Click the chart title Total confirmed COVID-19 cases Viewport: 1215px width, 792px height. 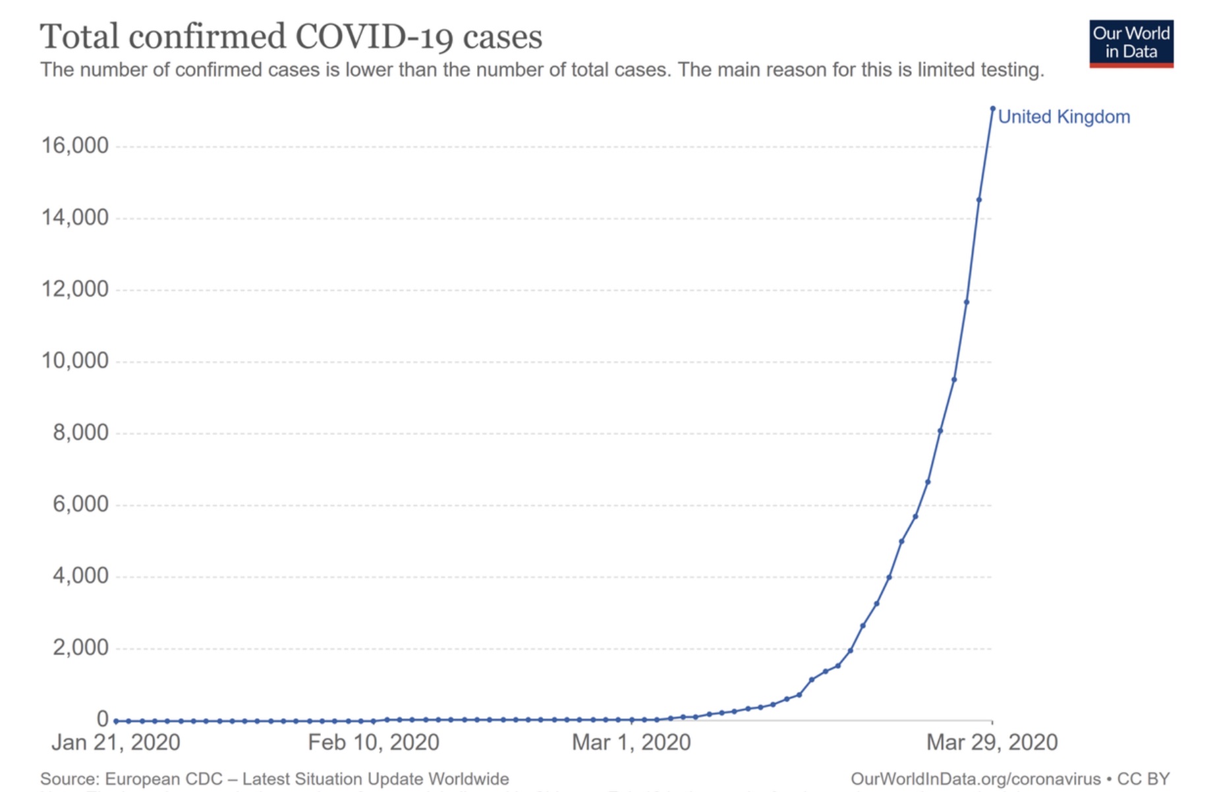point(291,36)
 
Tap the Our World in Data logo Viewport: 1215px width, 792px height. point(1131,43)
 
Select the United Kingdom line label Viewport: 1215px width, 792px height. point(1063,117)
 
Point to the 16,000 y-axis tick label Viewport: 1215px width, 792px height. point(75,146)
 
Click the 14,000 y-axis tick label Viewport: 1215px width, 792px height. point(75,217)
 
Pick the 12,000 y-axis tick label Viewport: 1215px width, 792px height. point(75,289)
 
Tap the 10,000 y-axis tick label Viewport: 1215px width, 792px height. point(75,361)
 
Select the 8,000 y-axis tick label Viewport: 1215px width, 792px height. point(81,433)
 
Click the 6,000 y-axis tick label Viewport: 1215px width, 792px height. point(81,505)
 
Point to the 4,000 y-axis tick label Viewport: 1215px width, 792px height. point(81,577)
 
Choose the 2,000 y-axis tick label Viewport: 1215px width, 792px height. point(81,648)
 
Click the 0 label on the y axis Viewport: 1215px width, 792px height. point(102,719)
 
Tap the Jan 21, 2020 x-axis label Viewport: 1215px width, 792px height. point(116,743)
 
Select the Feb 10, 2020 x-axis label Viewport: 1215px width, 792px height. point(374,743)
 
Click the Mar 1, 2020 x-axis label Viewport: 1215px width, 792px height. point(631,743)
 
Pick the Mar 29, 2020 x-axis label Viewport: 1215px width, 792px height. point(992,743)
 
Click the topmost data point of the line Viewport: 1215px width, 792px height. point(992,109)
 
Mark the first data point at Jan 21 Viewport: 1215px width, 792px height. point(117,721)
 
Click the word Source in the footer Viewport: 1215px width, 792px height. point(69,779)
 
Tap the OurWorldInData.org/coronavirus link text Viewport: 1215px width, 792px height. point(976,779)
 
